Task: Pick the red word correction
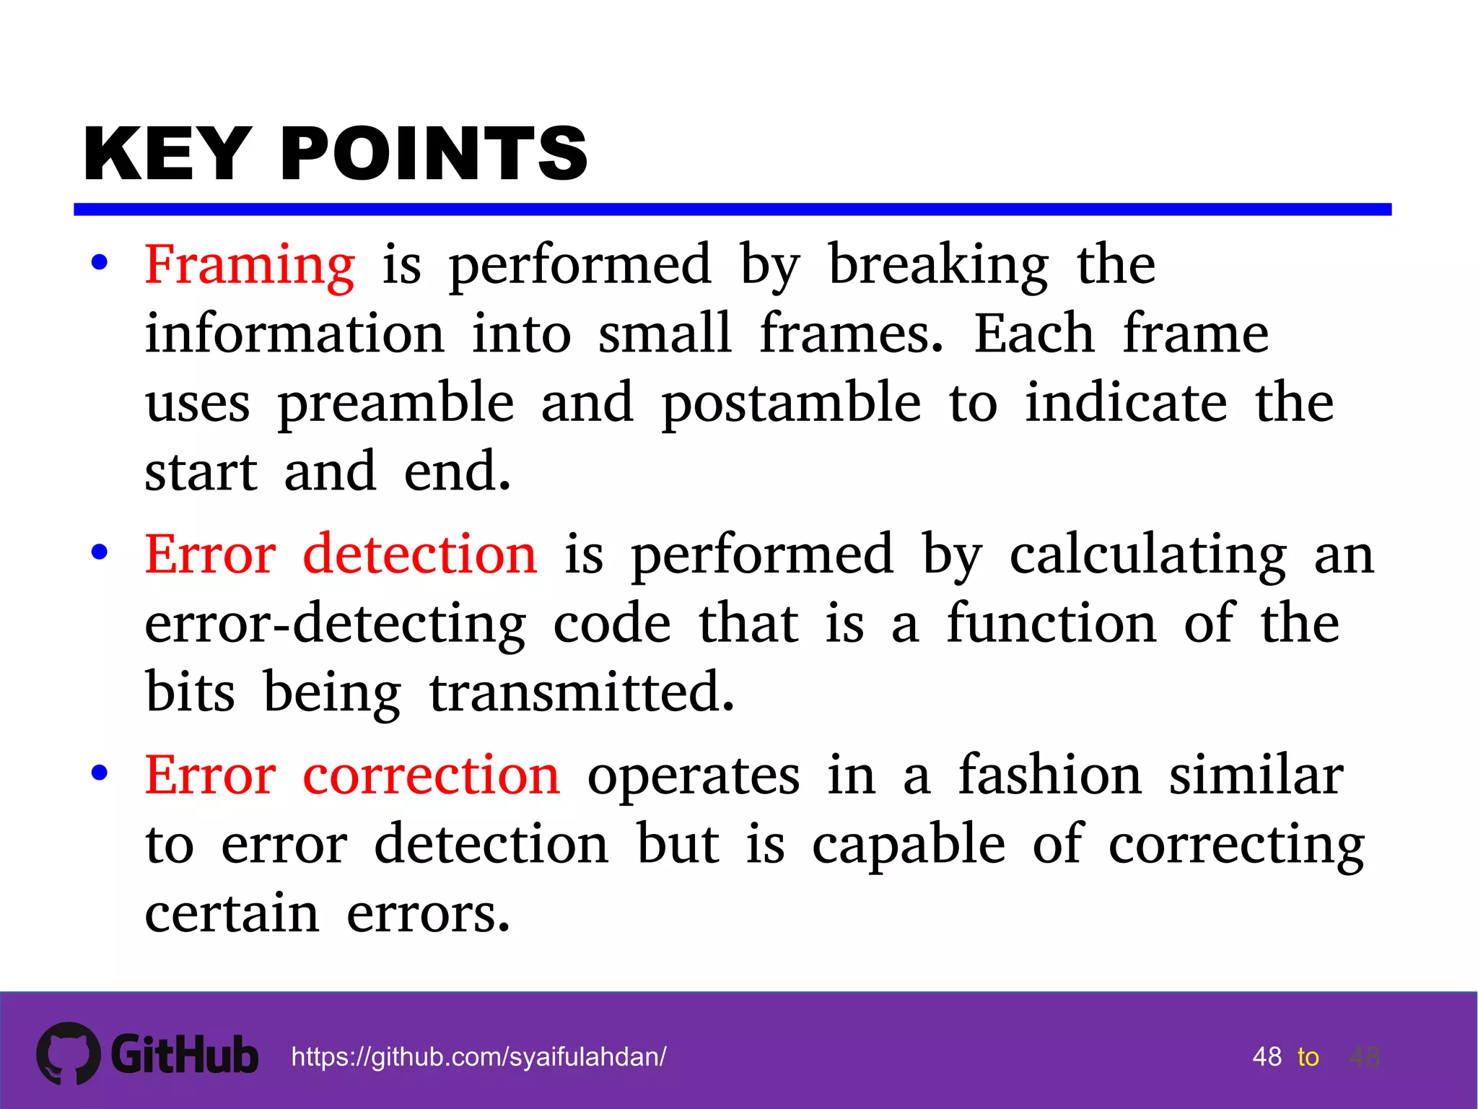point(431,775)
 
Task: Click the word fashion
point(1050,775)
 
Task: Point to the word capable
point(909,845)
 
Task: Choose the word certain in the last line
point(232,913)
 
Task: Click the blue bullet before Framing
point(100,263)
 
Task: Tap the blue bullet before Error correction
point(100,773)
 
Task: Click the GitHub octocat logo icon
point(69,1053)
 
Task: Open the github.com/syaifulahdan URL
point(478,1057)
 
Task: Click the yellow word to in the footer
point(1308,1057)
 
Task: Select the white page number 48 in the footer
point(1267,1057)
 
